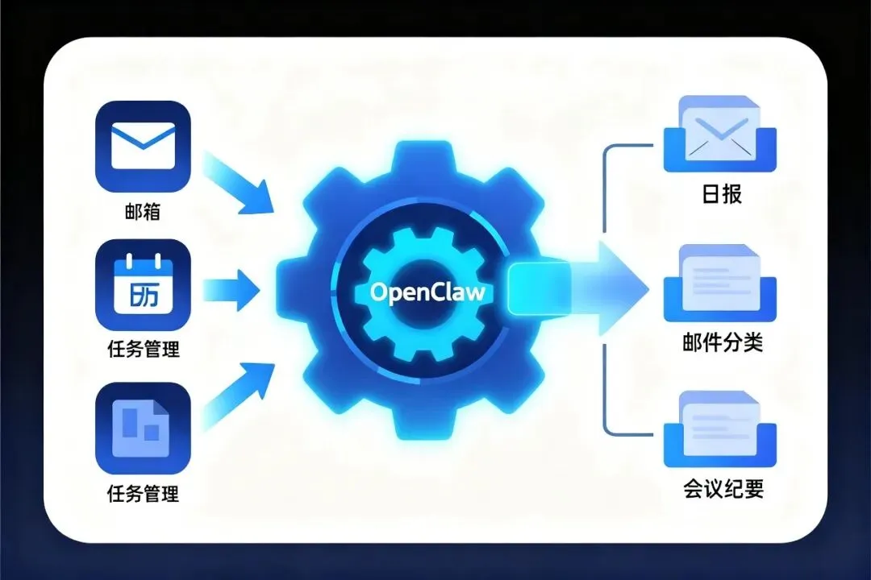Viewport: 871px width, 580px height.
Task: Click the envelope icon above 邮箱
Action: click(x=143, y=145)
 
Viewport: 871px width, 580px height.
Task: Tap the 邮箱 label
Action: click(x=143, y=211)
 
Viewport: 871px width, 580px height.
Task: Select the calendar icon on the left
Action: click(x=143, y=286)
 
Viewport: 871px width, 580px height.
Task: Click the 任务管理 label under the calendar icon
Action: click(x=143, y=350)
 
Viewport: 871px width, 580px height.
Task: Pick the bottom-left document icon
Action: click(x=143, y=426)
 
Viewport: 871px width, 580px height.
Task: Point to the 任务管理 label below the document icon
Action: click(x=143, y=493)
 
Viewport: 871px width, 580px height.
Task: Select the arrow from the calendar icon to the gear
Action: click(x=232, y=288)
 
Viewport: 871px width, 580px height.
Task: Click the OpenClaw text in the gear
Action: click(x=427, y=292)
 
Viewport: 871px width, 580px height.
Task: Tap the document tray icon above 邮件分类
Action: click(x=720, y=282)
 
